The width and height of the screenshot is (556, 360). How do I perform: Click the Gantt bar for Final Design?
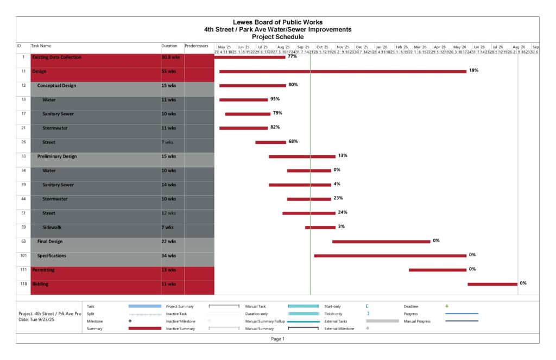pos(381,242)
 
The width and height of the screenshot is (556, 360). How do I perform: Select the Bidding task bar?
pos(492,284)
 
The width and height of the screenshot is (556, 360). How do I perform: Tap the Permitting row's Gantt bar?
pos(438,270)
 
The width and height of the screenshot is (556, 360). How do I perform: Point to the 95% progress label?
pos(275,99)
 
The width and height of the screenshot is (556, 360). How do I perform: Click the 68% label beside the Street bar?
pos(293,141)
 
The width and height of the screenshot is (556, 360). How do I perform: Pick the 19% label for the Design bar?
pos(473,71)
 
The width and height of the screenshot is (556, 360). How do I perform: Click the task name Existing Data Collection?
pos(57,57)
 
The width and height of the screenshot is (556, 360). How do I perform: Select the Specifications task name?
pos(52,256)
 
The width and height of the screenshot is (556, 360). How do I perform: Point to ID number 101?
pos(23,256)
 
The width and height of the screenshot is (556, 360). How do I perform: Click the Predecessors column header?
pos(196,47)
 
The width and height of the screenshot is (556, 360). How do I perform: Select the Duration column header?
pos(169,47)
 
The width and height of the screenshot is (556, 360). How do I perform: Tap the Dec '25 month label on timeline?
pos(362,47)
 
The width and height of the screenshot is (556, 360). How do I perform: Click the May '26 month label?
pos(460,47)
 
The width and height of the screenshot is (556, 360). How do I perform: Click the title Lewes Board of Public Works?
pos(277,22)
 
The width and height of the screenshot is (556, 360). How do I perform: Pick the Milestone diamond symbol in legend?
pos(130,321)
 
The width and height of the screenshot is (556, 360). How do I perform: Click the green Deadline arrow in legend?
pos(447,306)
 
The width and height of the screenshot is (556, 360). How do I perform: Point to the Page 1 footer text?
pos(277,339)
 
